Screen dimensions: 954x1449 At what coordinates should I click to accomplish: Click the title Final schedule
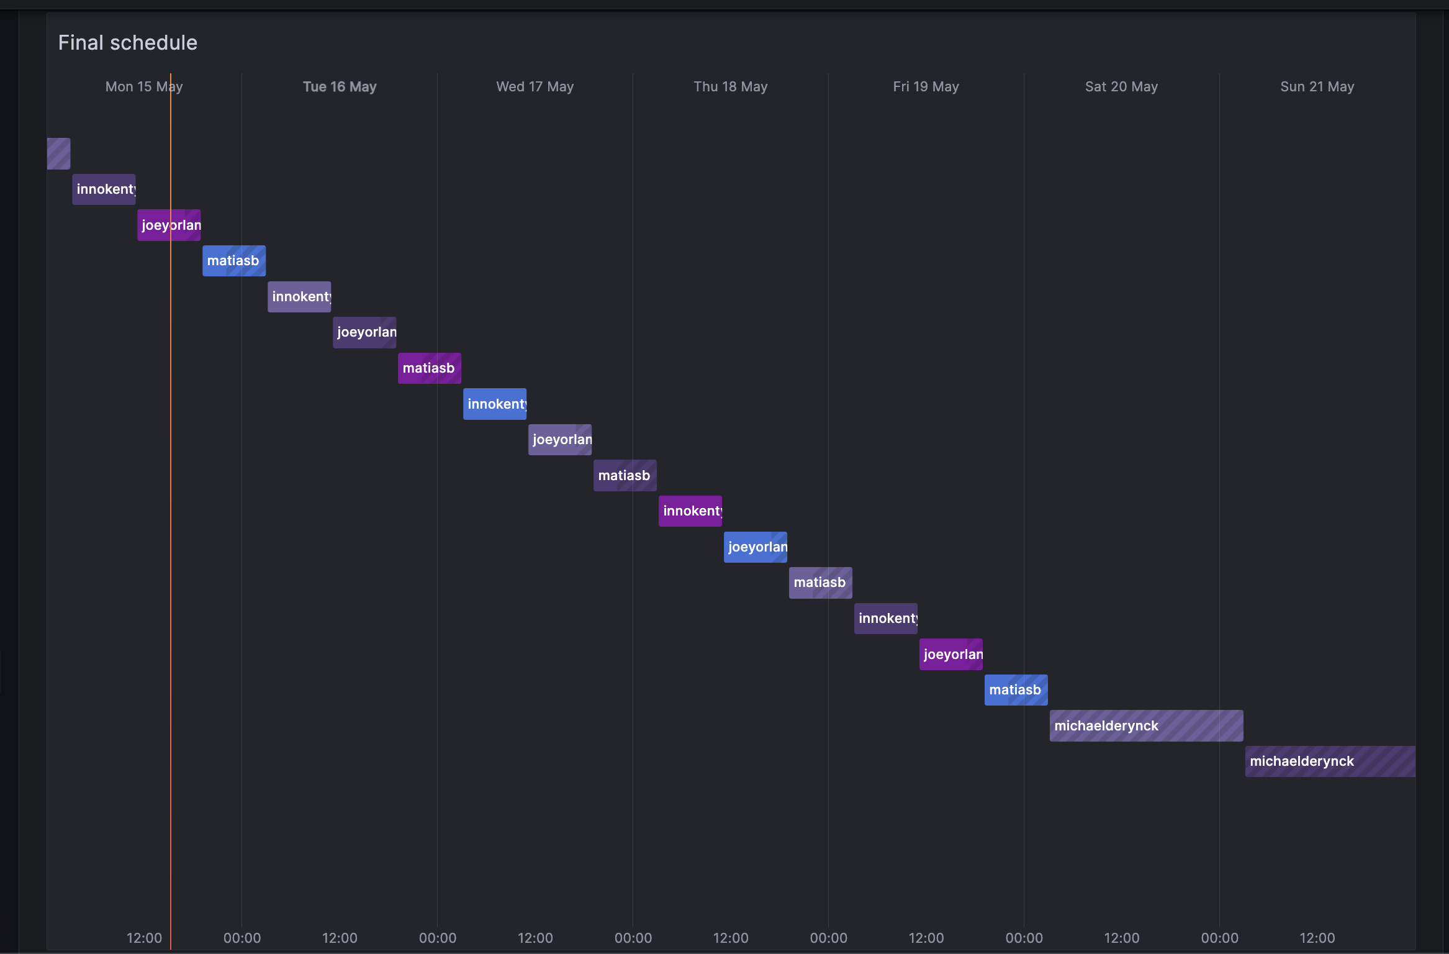(x=128, y=43)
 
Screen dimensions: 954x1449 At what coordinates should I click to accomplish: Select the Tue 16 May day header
(x=340, y=87)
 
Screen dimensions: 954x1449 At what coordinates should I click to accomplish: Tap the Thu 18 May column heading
(x=730, y=87)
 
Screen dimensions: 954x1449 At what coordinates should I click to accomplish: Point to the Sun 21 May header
(x=1317, y=87)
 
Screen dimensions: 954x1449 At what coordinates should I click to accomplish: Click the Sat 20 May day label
(x=1121, y=87)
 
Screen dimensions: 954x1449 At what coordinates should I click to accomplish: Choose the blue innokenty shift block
(x=495, y=404)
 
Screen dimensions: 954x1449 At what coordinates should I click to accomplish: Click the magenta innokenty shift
(x=690, y=511)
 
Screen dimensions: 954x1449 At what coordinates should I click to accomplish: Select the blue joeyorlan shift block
(x=756, y=547)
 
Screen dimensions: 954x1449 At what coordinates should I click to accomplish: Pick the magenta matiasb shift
(x=430, y=368)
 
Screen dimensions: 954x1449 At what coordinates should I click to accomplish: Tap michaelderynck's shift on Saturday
(x=1146, y=726)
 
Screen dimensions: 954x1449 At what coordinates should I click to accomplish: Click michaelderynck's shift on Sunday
(x=1330, y=761)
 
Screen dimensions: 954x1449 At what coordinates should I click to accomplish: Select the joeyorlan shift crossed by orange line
(x=169, y=225)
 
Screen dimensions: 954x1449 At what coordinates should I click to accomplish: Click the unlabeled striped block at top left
(x=59, y=153)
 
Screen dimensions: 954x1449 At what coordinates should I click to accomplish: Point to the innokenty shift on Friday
(x=886, y=619)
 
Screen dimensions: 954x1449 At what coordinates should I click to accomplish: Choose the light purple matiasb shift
(x=821, y=583)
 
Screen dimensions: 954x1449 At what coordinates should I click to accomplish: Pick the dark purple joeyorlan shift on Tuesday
(x=364, y=332)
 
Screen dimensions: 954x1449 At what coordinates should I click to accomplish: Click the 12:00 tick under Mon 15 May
(x=144, y=938)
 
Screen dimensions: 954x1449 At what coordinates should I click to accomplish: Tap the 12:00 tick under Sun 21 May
(x=1317, y=938)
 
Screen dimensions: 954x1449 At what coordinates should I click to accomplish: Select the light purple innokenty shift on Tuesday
(x=299, y=297)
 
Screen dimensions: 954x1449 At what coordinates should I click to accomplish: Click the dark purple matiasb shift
(x=625, y=476)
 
